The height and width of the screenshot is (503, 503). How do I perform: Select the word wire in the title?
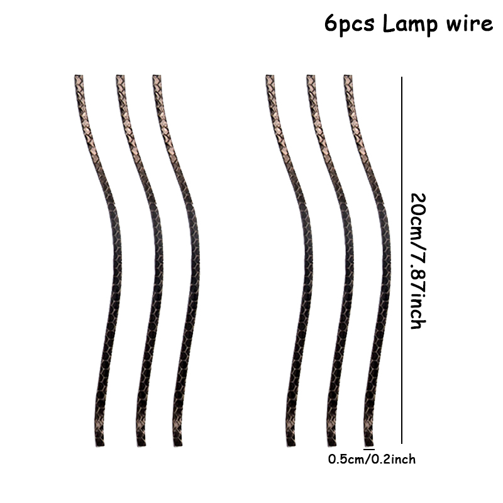coord(469,23)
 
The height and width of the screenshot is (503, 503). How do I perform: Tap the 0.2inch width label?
coord(394,460)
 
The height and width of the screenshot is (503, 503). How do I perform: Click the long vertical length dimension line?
coord(402,260)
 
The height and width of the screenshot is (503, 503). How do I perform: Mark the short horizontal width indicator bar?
coord(369,449)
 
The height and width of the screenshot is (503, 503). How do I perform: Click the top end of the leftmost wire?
coord(79,76)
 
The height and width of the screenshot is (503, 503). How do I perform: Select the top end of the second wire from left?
coord(120,76)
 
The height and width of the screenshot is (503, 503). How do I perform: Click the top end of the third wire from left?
coord(157,76)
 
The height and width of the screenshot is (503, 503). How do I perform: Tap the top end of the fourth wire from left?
coord(270,76)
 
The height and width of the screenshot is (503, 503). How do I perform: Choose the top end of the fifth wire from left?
coord(311,76)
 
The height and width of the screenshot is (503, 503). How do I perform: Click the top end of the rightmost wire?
coord(348,76)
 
